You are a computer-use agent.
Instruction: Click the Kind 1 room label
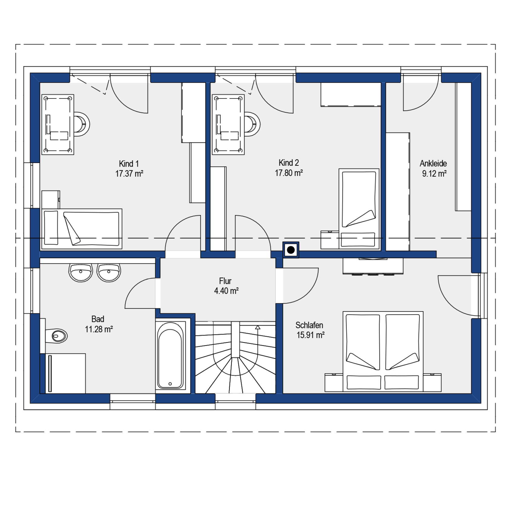pyautogui.click(x=129, y=164)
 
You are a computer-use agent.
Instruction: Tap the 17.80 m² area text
pyautogui.click(x=289, y=173)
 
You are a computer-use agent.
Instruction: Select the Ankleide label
pyautogui.click(x=433, y=164)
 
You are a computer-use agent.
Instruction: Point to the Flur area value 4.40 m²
pyautogui.click(x=226, y=291)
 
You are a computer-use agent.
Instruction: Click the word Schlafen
pyautogui.click(x=309, y=325)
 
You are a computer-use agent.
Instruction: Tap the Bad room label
pyautogui.click(x=98, y=319)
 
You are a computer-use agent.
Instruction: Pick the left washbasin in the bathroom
pyautogui.click(x=81, y=272)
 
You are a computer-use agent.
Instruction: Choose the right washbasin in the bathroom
pyautogui.click(x=109, y=272)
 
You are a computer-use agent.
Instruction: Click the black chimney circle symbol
pyautogui.click(x=291, y=250)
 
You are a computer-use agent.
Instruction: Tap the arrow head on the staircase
pyautogui.click(x=258, y=327)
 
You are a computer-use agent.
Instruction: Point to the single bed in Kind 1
pyautogui.click(x=82, y=229)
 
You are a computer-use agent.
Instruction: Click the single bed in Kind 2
pyautogui.click(x=359, y=209)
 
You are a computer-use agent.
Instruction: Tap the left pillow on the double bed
pyautogui.click(x=364, y=382)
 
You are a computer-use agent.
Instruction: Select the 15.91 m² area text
pyautogui.click(x=311, y=335)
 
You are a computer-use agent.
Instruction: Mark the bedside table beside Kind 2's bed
pyautogui.click(x=330, y=240)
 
